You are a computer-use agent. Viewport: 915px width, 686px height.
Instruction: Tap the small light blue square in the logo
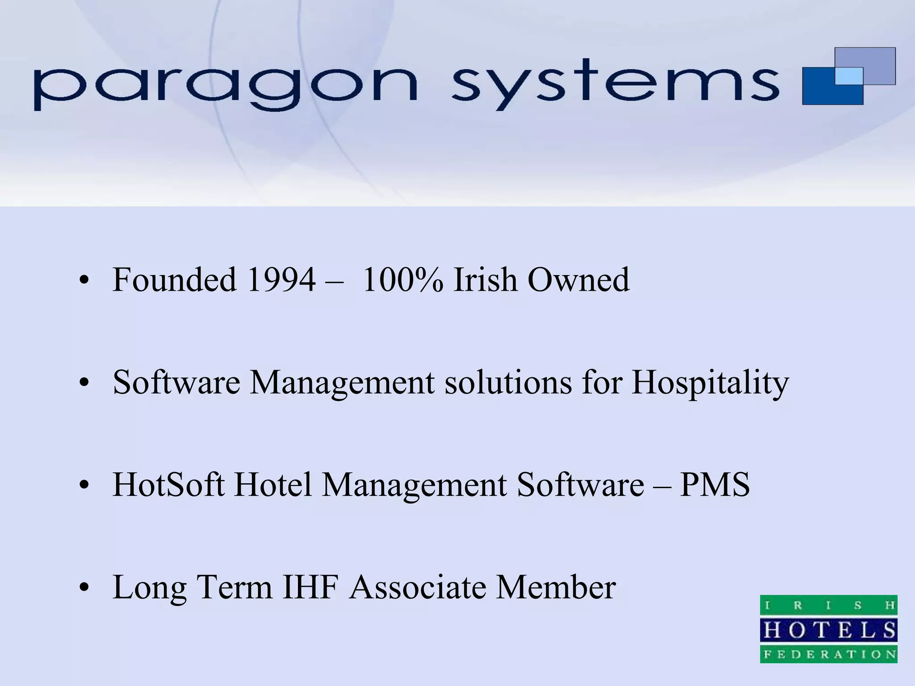[x=848, y=75]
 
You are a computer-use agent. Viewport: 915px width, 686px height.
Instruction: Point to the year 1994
[x=281, y=280]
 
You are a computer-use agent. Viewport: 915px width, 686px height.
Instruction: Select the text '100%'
[x=403, y=280]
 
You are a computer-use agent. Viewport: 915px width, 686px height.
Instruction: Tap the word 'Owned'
[x=579, y=280]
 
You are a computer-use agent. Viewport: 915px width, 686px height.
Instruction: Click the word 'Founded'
[x=174, y=280]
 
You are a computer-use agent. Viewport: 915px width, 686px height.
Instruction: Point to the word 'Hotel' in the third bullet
[x=273, y=485]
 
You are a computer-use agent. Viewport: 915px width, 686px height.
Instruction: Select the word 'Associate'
[x=418, y=587]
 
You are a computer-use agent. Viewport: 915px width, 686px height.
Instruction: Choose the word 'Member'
[x=556, y=587]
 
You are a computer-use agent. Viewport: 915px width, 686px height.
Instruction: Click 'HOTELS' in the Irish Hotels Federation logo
[x=829, y=631]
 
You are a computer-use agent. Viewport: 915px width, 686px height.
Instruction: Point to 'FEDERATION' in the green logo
[x=829, y=655]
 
